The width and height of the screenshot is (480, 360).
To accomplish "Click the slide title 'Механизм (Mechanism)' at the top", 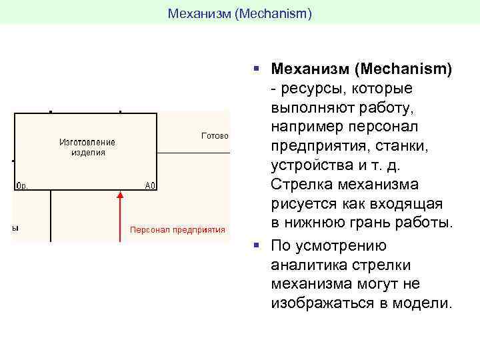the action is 239,13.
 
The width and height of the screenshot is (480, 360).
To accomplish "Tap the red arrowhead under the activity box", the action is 120,195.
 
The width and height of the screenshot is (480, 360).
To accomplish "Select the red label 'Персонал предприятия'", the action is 177,230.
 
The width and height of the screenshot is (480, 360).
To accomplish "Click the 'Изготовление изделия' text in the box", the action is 87,147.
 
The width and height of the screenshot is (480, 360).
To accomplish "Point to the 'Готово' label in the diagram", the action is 215,135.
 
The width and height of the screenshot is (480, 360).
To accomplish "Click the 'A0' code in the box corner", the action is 151,186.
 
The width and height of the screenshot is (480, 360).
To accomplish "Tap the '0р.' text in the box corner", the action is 20,186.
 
